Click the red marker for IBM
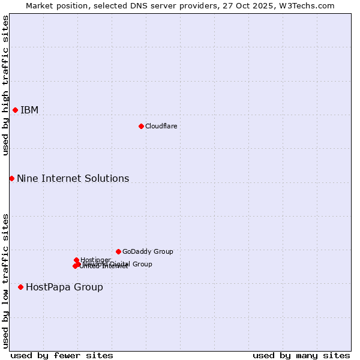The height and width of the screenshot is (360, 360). click(x=15, y=110)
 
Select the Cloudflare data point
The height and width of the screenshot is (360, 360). click(x=141, y=126)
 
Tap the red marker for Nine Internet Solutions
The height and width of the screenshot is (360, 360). click(x=11, y=178)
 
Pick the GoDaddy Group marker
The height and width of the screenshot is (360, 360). click(x=118, y=251)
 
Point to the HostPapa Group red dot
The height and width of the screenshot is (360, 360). click(x=20, y=287)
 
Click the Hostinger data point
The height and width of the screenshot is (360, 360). click(x=76, y=260)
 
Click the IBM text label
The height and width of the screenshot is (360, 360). click(x=29, y=110)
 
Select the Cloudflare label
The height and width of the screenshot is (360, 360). click(x=161, y=126)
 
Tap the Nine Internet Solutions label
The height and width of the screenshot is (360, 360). click(x=73, y=178)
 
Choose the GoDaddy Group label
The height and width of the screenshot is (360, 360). click(x=148, y=251)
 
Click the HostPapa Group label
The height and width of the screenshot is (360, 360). click(x=64, y=287)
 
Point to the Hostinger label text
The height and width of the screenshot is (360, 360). click(x=95, y=260)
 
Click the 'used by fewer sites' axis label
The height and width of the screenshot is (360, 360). click(x=62, y=355)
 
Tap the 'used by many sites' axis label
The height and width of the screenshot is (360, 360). click(x=301, y=355)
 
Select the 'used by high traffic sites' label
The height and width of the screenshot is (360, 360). click(x=5, y=85)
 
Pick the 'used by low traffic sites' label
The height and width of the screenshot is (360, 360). click(x=5, y=281)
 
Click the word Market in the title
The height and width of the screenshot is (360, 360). click(x=40, y=5)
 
